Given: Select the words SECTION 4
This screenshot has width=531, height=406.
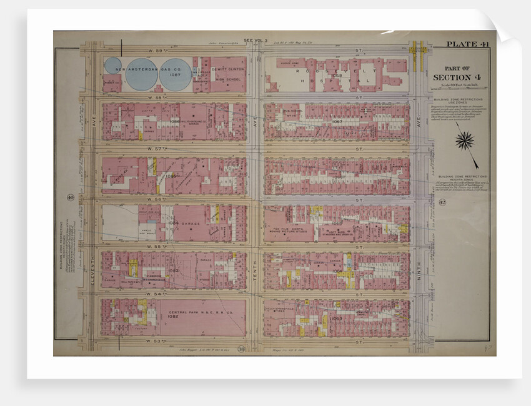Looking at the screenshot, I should tap(460, 77).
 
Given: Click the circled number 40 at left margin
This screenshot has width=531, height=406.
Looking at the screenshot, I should tap(70, 198).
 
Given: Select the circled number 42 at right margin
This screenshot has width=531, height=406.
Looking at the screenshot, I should tap(442, 202).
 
